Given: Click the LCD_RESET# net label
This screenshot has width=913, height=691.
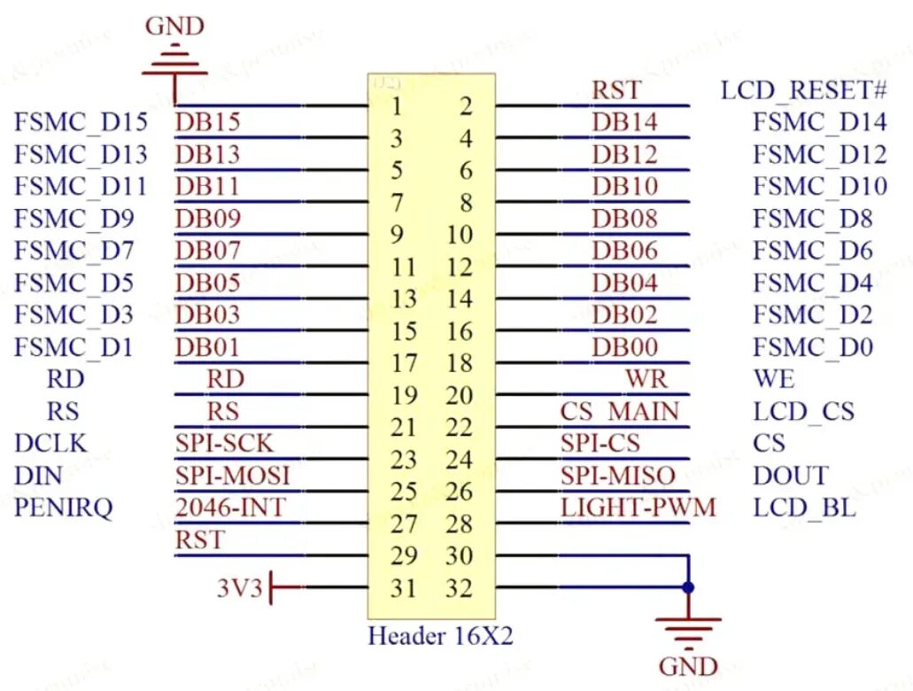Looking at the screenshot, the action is (804, 90).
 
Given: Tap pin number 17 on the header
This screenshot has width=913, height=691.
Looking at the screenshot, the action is (404, 363).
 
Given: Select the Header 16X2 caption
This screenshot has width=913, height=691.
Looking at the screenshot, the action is (440, 636).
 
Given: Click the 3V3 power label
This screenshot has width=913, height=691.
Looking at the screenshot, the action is (240, 588).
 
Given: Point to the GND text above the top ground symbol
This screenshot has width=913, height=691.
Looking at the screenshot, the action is (174, 27).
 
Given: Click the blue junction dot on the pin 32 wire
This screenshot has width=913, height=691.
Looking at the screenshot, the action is (688, 587).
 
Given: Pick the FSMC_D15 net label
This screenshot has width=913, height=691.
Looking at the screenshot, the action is (81, 122).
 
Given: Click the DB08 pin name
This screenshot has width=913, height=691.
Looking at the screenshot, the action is (625, 218).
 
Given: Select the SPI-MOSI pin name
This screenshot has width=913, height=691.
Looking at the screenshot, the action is (232, 476).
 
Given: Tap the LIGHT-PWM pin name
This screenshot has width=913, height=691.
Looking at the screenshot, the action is (638, 509).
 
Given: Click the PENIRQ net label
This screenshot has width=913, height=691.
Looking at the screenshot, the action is (64, 509).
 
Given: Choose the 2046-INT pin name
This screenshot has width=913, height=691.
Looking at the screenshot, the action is (230, 509).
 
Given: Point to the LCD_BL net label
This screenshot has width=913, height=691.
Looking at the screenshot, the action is (805, 509).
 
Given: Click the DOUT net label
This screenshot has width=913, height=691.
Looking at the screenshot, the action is (790, 476).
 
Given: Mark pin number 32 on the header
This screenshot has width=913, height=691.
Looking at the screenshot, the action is (460, 588).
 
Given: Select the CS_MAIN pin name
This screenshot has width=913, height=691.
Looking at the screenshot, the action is (620, 412).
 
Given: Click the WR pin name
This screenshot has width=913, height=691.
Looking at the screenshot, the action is (646, 379).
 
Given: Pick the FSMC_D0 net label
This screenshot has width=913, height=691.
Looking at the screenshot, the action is (813, 347).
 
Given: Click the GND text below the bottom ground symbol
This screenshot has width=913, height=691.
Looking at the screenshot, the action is (688, 665).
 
